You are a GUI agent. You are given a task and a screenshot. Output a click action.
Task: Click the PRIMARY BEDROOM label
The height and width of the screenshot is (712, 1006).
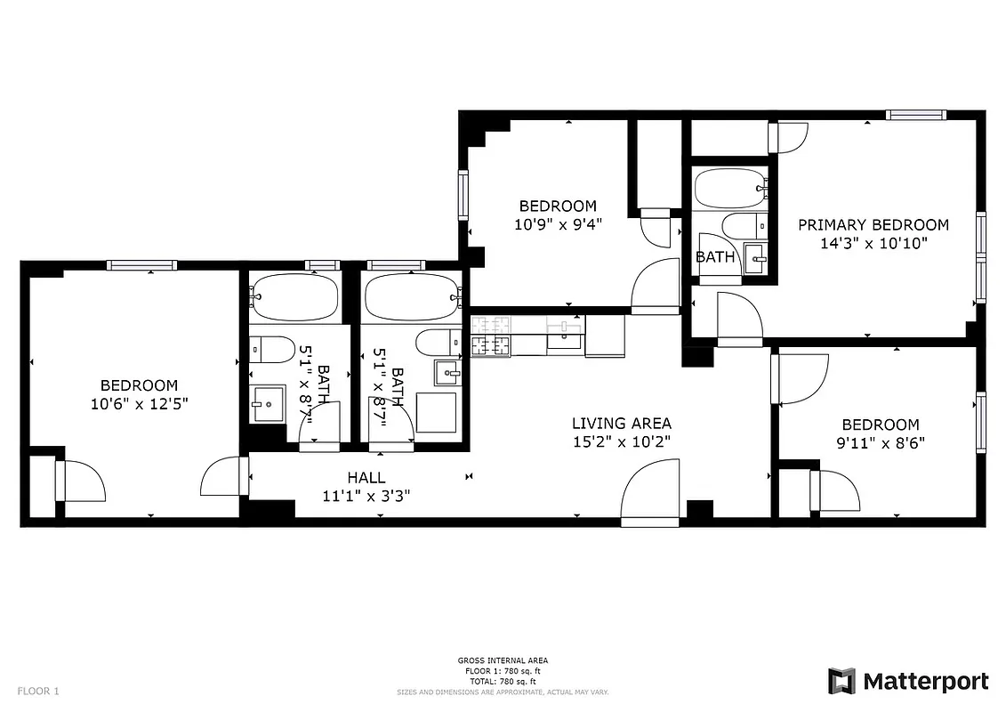point(873,225)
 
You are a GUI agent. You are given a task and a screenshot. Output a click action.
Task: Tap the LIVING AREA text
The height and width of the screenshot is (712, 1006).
point(621,424)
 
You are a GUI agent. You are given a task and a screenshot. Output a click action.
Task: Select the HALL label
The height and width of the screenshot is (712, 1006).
point(366,478)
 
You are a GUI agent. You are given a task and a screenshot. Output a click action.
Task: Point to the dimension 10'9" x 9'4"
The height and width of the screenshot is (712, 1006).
point(559,225)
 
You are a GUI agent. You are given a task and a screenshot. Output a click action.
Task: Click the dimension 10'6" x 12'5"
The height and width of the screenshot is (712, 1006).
point(139,403)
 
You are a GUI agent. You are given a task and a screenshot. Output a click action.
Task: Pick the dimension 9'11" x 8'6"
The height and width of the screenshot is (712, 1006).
point(881,442)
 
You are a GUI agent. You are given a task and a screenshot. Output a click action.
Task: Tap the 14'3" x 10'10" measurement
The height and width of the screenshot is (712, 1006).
point(873,243)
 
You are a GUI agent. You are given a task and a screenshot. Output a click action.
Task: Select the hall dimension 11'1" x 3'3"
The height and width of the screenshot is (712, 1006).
point(366,496)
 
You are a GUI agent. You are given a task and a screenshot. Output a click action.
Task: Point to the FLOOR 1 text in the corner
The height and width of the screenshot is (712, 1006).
point(38,691)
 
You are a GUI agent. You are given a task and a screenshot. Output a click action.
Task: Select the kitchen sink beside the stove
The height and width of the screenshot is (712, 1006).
point(564,336)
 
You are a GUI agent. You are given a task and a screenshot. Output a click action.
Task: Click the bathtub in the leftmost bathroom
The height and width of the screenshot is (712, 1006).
point(294,296)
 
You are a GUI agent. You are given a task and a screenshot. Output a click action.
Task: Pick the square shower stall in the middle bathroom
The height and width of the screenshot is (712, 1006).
point(436,412)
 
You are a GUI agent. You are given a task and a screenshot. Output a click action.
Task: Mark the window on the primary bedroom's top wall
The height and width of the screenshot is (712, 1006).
point(914,114)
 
